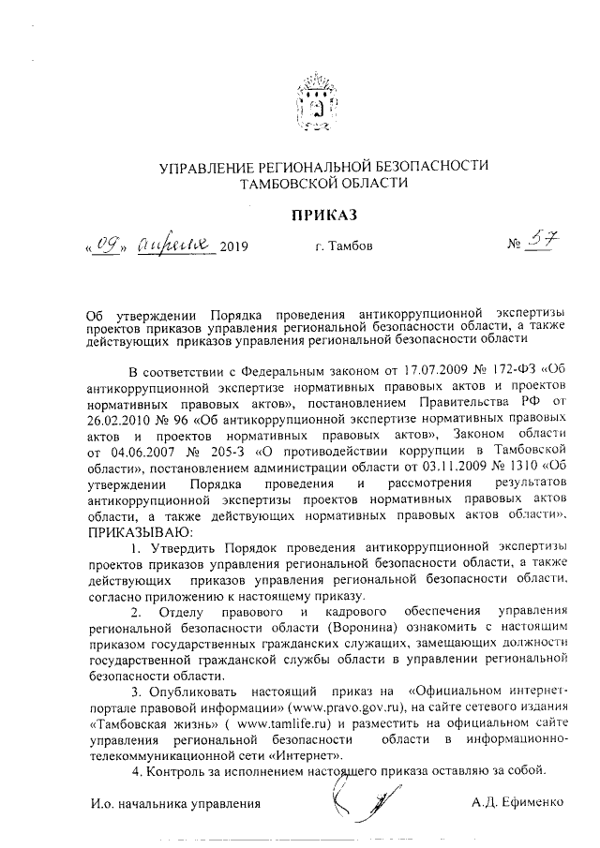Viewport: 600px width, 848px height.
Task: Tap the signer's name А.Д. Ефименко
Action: tap(518, 802)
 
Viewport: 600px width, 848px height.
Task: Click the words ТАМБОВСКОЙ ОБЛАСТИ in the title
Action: tap(323, 183)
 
